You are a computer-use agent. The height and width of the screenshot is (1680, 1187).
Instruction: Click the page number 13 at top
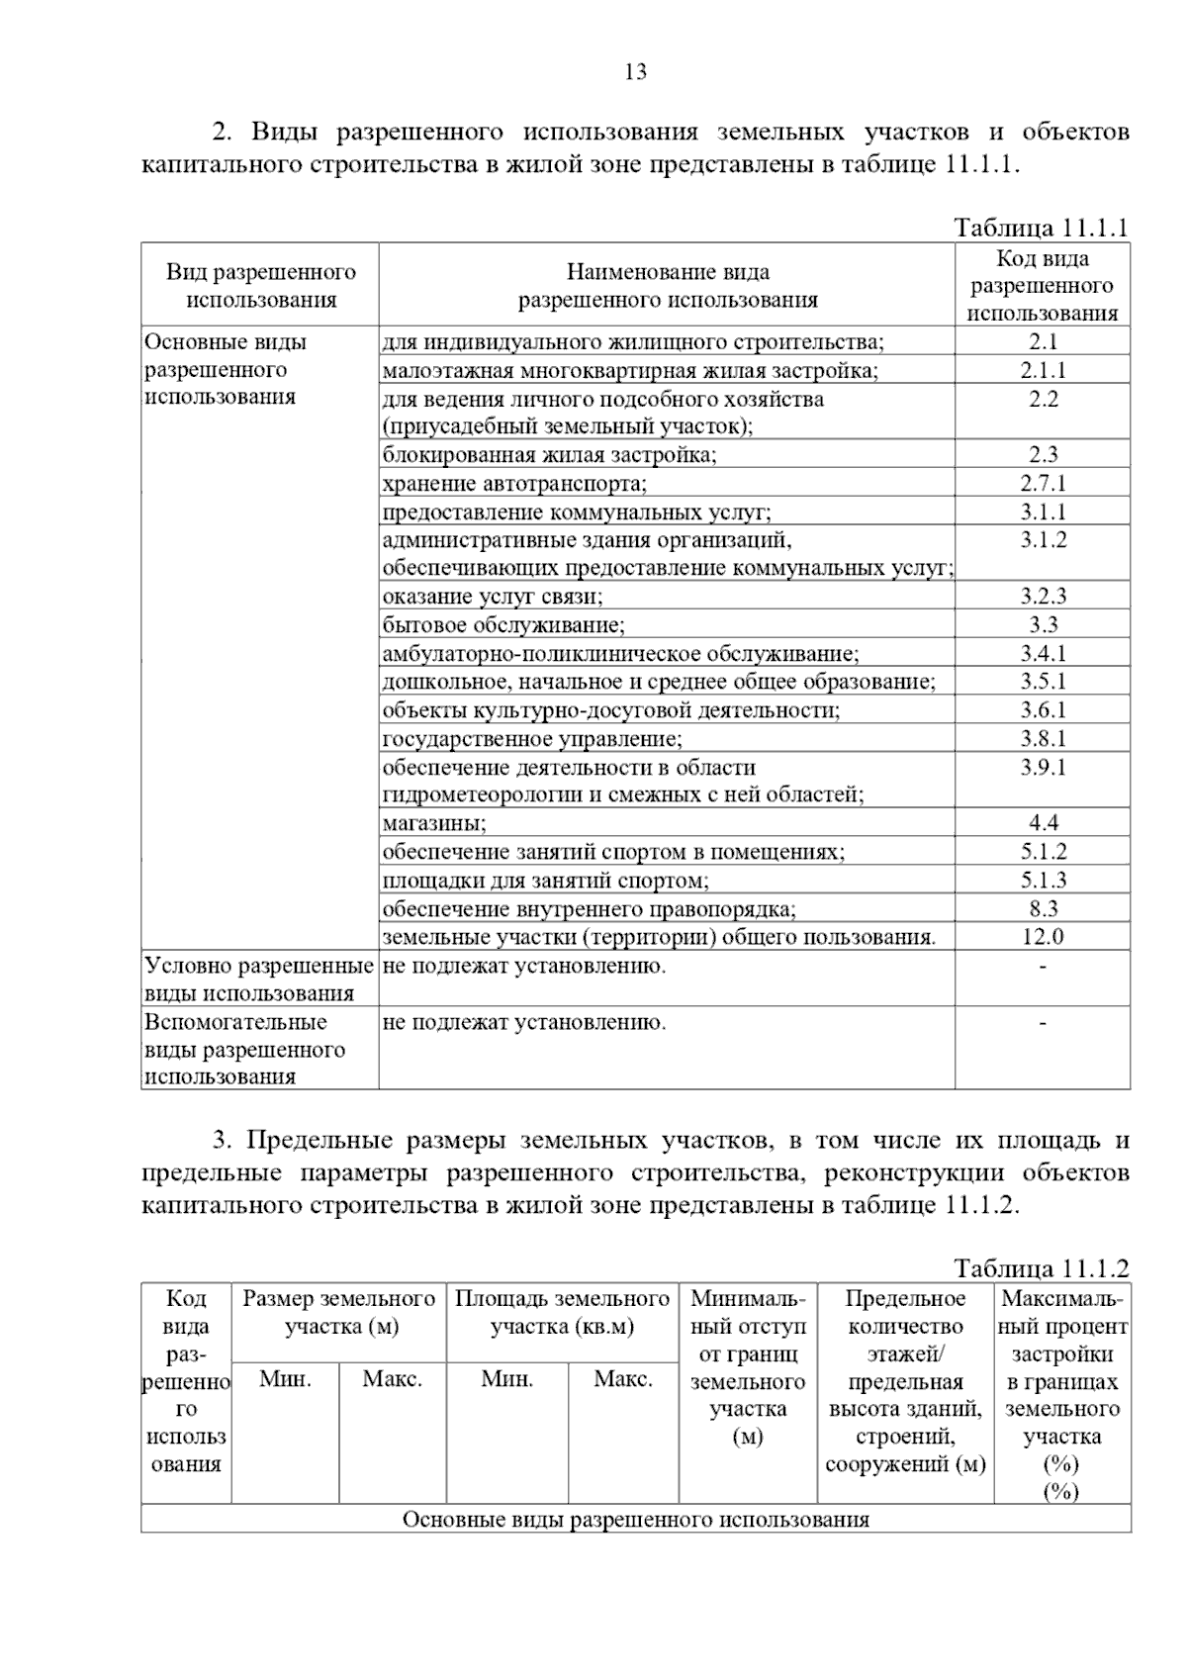pos(636,72)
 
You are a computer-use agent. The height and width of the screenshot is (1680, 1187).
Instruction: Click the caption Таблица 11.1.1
pos(1041,228)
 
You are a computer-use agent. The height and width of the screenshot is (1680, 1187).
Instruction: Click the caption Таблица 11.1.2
pos(1041,1268)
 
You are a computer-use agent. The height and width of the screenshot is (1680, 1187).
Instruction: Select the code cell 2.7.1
pos(1043,484)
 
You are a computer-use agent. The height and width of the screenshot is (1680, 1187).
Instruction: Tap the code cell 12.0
pos(1043,937)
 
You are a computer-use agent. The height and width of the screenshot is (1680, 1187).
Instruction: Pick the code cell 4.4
pos(1043,823)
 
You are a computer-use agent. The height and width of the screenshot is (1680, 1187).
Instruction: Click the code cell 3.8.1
pos(1043,739)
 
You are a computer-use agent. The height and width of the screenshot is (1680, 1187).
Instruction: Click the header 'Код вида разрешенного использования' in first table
pos(1042,286)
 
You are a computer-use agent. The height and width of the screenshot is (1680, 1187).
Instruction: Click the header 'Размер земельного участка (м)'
pos(339,1313)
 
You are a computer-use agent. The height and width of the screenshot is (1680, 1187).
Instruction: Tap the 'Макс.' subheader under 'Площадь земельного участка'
pos(622,1379)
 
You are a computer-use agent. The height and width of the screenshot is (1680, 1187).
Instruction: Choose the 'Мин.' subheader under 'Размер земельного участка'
pos(285,1379)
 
